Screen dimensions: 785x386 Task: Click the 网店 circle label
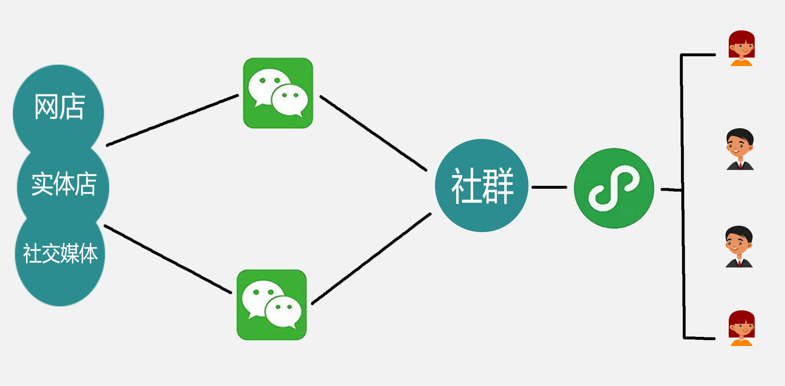tap(60, 106)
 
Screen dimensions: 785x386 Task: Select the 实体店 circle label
tap(64, 184)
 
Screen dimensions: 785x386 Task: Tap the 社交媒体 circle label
tap(60, 254)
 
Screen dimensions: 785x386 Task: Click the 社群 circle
tap(482, 185)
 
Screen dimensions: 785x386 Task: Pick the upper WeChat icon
tap(278, 93)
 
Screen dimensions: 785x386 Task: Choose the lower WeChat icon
tap(272, 305)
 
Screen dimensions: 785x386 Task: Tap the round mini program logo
tap(614, 188)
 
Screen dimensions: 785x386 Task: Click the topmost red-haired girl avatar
tap(741, 48)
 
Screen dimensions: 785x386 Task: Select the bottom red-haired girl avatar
tap(741, 328)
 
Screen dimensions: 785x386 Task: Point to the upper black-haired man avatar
tap(740, 149)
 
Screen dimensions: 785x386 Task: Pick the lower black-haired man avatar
tap(739, 246)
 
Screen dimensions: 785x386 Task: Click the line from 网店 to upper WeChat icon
tap(172, 120)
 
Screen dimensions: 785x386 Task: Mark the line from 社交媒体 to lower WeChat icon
tap(168, 259)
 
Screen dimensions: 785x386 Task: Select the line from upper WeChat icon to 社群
tap(373, 133)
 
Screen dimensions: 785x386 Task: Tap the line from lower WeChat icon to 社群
tap(371, 259)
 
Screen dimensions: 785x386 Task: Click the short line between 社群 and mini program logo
tap(549, 187)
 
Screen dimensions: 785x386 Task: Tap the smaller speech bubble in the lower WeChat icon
tap(283, 311)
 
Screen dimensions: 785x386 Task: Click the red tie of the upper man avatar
tap(740, 166)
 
